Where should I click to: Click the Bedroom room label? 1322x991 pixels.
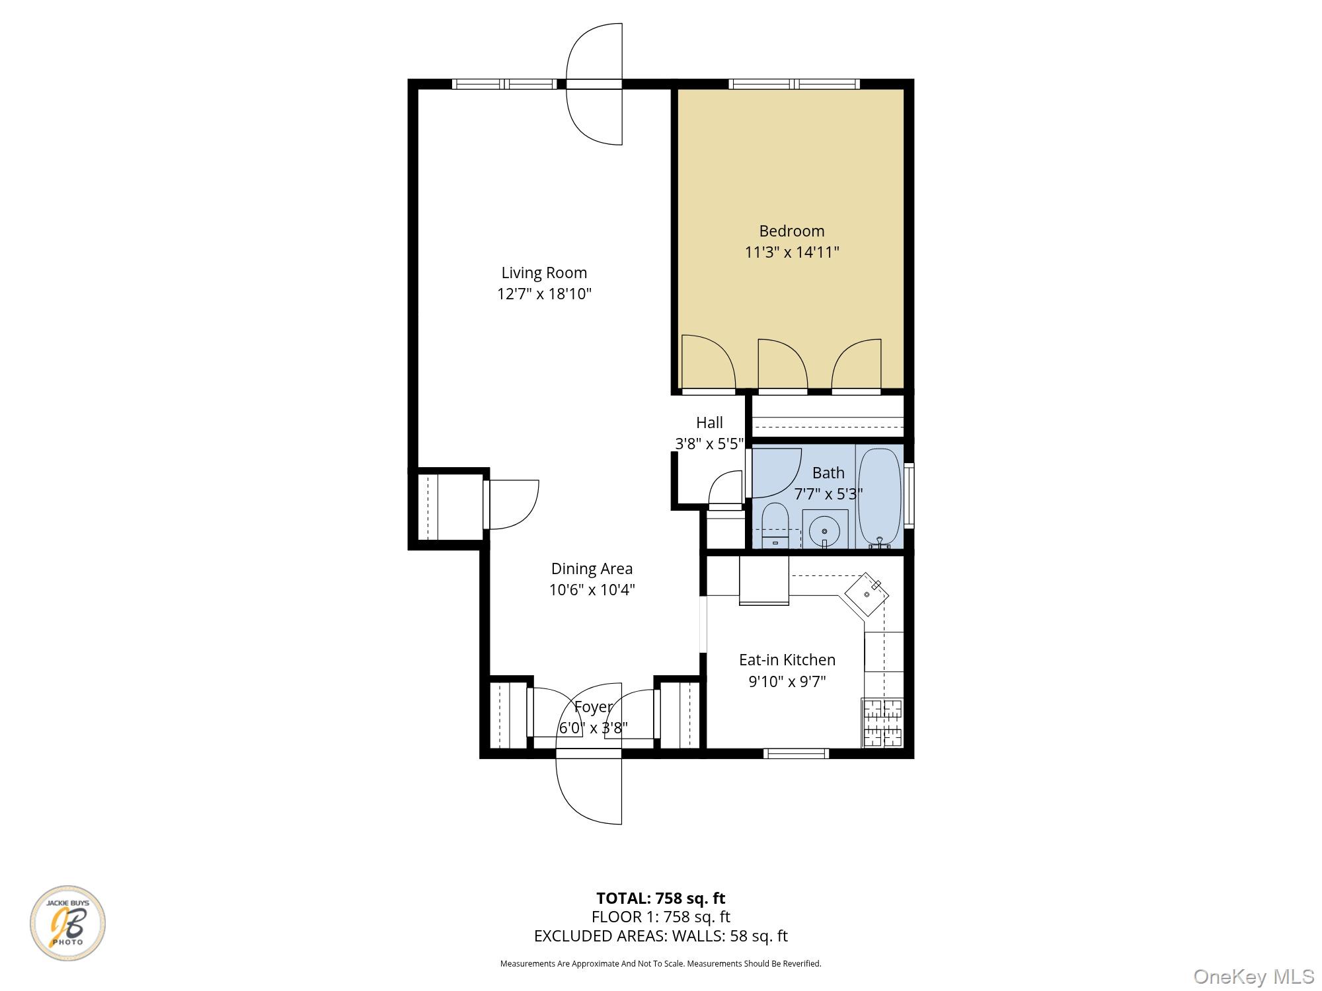coord(791,231)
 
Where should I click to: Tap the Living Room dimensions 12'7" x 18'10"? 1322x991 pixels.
coord(544,294)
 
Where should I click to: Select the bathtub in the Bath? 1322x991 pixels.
coord(879,495)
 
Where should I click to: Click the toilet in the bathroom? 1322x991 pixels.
coord(775,525)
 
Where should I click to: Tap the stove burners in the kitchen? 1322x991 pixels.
coord(883,722)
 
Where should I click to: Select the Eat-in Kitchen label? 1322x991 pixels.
coord(787,660)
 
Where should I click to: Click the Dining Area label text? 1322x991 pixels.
coord(592,569)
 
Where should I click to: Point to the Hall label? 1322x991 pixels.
coord(709,423)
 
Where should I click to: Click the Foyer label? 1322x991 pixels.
coord(593,707)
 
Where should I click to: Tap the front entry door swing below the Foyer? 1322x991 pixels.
coord(588,789)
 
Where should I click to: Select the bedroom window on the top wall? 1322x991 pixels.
coord(794,84)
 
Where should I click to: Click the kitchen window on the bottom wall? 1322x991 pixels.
coord(796,753)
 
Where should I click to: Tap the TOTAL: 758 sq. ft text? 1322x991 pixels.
coord(660,899)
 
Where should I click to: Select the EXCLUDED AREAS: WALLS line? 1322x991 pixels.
coord(660,936)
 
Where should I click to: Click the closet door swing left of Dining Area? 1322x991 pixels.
coord(512,505)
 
